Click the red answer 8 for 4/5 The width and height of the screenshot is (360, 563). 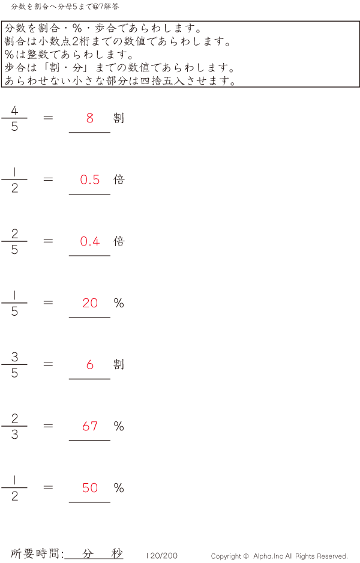pos(90,118)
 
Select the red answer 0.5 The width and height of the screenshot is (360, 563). pos(90,180)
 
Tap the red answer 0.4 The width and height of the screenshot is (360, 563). pos(90,242)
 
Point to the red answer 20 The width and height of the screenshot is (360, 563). pos(90,304)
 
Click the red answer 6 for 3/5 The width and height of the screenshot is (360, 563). pos(90,365)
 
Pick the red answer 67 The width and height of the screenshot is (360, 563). pos(90,427)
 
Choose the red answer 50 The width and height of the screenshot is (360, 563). pos(90,489)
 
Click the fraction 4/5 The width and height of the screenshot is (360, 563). pos(14,118)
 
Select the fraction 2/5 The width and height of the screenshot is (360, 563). pos(14,242)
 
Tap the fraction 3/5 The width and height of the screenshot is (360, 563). pos(14,365)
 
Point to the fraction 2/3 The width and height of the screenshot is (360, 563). pos(14,427)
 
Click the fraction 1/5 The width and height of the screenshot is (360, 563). pos(14,304)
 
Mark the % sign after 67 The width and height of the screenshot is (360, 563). pos(119,427)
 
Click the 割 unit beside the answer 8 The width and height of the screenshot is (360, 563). pos(119,118)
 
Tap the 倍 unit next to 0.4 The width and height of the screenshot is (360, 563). pos(119,241)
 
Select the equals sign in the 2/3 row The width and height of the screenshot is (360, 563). pos(49,426)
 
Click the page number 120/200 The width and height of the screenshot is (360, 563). pos(162,556)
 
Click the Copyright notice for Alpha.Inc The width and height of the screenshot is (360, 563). pos(279,556)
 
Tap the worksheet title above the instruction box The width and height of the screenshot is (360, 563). pos(65,6)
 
